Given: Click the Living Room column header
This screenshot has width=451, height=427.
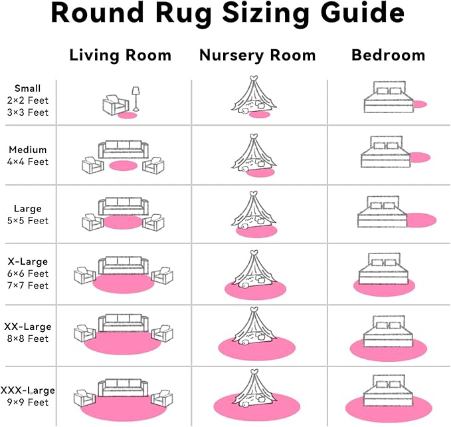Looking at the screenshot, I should (120, 55).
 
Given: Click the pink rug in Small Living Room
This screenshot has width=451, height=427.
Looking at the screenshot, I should (127, 115).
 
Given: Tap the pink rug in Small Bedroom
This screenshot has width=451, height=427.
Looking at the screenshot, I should (419, 104).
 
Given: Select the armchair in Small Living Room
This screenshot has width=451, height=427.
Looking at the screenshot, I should (114, 105).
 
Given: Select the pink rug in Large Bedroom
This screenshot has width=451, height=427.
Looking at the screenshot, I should (420, 220).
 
